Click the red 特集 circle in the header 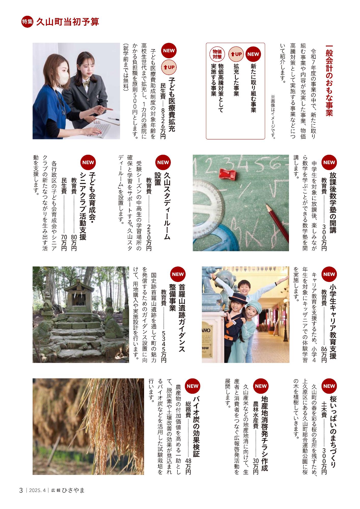click(26, 22)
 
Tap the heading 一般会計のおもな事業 click(329, 81)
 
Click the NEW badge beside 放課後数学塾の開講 click(329, 162)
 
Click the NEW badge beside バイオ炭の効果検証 click(192, 386)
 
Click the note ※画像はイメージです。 click(273, 117)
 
